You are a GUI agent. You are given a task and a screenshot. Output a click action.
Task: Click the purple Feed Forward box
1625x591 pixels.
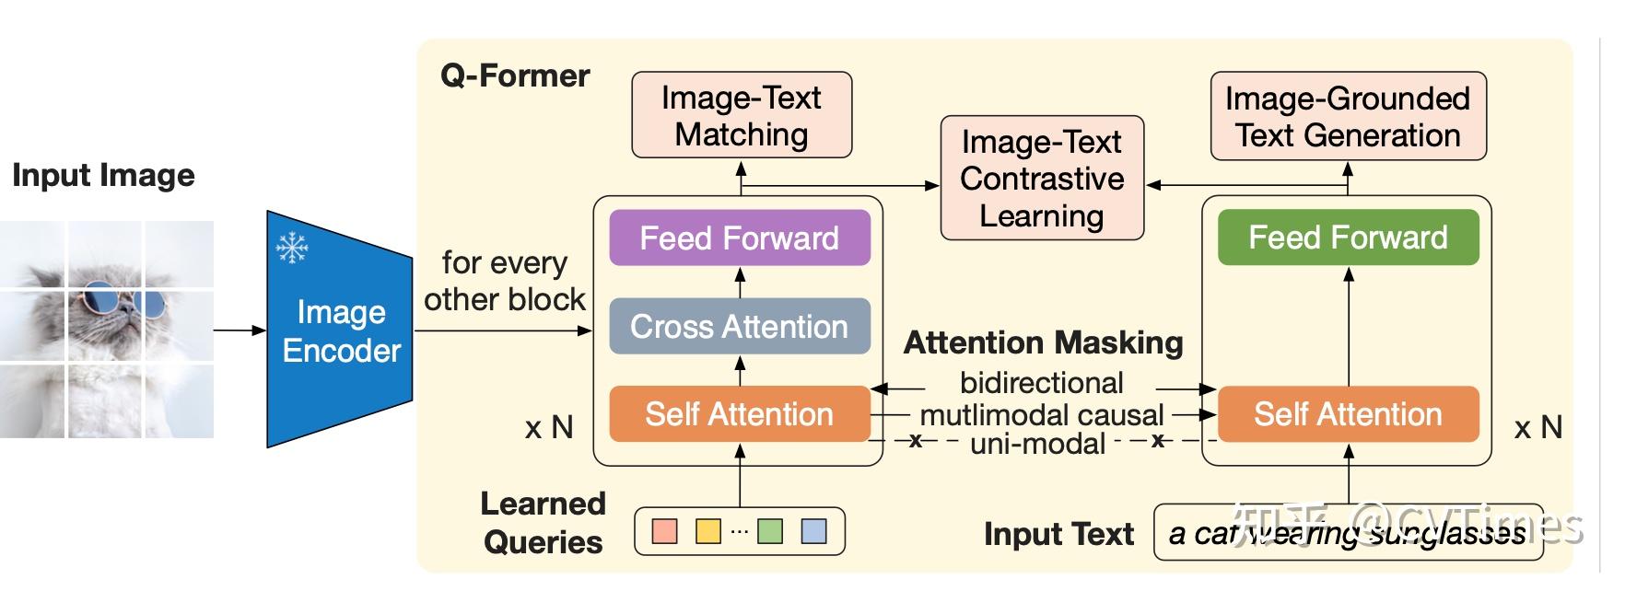[x=740, y=238]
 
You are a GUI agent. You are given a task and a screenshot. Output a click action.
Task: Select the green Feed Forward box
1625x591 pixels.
[x=1348, y=238]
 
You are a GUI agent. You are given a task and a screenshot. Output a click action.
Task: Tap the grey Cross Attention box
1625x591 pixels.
[x=740, y=327]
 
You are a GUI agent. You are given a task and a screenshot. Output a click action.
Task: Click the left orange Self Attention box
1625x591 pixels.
[x=740, y=414]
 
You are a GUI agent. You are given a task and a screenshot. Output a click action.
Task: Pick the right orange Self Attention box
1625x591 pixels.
[x=1348, y=414]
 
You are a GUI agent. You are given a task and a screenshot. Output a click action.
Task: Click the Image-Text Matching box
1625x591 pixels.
[x=742, y=116]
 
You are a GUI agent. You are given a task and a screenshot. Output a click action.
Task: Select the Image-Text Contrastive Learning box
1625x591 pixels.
[x=1042, y=179]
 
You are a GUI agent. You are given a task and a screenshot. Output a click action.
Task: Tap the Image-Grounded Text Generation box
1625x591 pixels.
[x=1348, y=117]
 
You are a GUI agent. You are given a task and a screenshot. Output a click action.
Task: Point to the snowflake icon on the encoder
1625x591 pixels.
[x=292, y=248]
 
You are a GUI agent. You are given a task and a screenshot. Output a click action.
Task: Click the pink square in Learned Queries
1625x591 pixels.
[x=664, y=531]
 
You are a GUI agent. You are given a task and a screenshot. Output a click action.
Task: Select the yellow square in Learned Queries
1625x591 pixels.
[x=707, y=531]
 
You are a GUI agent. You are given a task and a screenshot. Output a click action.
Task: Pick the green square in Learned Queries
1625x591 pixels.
[x=770, y=531]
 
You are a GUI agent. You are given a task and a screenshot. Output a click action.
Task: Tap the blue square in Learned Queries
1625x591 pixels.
[x=813, y=531]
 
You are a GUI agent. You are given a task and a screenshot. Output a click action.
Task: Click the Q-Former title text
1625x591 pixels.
[x=515, y=75]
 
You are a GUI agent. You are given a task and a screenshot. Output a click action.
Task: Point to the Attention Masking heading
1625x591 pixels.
[x=1043, y=342]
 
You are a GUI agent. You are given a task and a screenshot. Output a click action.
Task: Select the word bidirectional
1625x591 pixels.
[x=1041, y=382]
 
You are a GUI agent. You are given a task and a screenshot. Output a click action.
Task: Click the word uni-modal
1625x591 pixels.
[x=1037, y=444]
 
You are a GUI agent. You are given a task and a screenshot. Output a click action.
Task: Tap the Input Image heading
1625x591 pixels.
[x=103, y=175]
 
